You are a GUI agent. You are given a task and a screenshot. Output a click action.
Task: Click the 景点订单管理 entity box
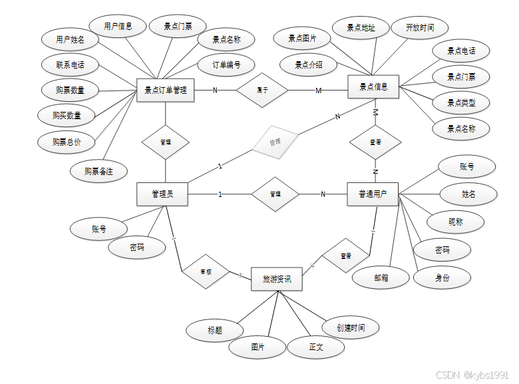(x=165, y=91)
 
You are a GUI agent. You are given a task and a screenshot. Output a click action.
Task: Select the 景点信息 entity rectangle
(x=373, y=87)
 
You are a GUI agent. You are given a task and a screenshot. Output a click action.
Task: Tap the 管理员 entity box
(x=162, y=194)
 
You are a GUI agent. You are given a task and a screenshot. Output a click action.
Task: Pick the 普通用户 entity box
(x=373, y=194)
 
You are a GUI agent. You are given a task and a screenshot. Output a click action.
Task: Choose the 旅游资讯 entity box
(x=276, y=279)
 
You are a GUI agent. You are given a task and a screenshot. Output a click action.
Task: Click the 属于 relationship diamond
(x=262, y=90)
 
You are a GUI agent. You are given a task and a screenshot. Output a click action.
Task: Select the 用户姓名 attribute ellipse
(x=70, y=39)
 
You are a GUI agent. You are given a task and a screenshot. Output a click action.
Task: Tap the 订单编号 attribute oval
(x=226, y=65)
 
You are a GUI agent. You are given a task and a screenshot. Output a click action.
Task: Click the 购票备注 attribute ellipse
(x=98, y=171)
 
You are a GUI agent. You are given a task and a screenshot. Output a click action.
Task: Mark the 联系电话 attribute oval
(x=69, y=65)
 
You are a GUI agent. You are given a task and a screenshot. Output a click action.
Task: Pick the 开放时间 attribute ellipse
(x=419, y=28)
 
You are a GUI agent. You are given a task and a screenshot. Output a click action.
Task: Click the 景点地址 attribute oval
(x=361, y=28)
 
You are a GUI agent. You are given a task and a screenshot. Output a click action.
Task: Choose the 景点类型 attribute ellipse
(x=461, y=102)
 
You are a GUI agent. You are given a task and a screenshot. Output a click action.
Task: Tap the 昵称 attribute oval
(x=456, y=222)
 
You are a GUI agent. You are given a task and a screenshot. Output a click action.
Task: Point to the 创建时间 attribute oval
(x=352, y=327)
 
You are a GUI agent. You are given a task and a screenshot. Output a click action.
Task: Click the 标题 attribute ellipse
(x=215, y=329)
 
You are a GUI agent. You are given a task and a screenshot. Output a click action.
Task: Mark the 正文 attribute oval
(x=315, y=347)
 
